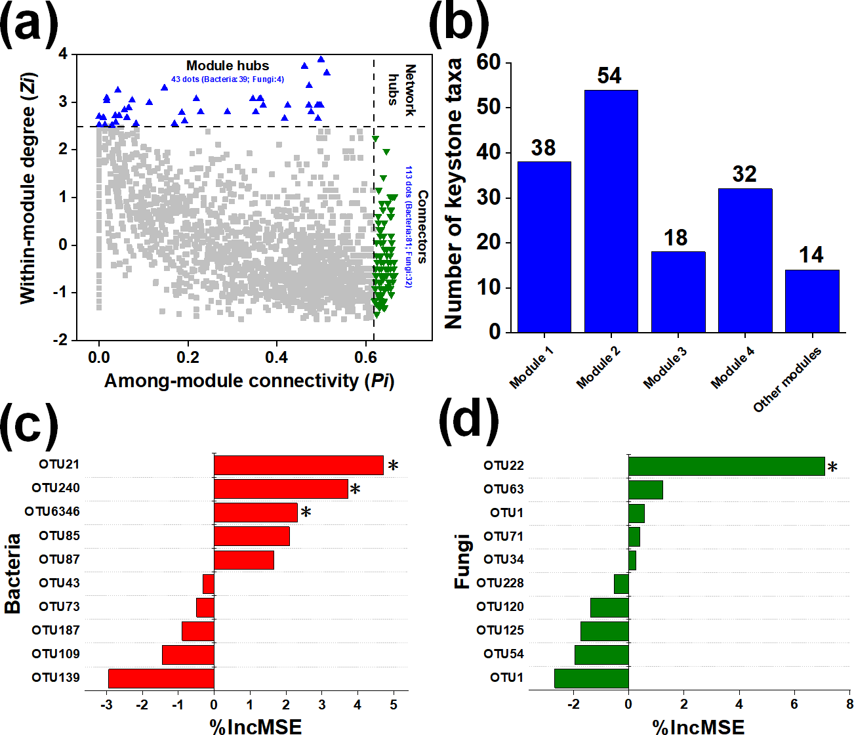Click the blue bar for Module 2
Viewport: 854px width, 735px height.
click(x=611, y=211)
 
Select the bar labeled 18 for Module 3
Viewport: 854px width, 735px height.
click(x=678, y=291)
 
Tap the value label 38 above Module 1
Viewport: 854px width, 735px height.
click(x=543, y=148)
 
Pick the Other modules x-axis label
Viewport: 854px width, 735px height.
click(x=786, y=380)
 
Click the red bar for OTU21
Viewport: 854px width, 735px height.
click(x=298, y=465)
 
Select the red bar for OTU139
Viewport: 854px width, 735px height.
click(x=161, y=678)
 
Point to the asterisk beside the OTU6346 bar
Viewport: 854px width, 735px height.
click(x=306, y=513)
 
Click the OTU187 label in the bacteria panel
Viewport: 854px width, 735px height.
click(x=56, y=631)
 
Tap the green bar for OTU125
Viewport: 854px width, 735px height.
click(x=604, y=631)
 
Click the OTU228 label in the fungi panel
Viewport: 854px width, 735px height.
click(x=500, y=583)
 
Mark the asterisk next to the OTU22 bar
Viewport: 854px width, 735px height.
click(x=832, y=468)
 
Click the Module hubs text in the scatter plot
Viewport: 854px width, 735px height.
click(x=228, y=66)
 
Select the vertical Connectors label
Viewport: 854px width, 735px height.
click(x=422, y=226)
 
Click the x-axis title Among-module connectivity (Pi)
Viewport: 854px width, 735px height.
click(x=249, y=381)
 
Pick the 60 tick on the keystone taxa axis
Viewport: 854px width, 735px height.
click(x=489, y=62)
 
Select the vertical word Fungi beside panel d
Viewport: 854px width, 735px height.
click(x=462, y=561)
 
